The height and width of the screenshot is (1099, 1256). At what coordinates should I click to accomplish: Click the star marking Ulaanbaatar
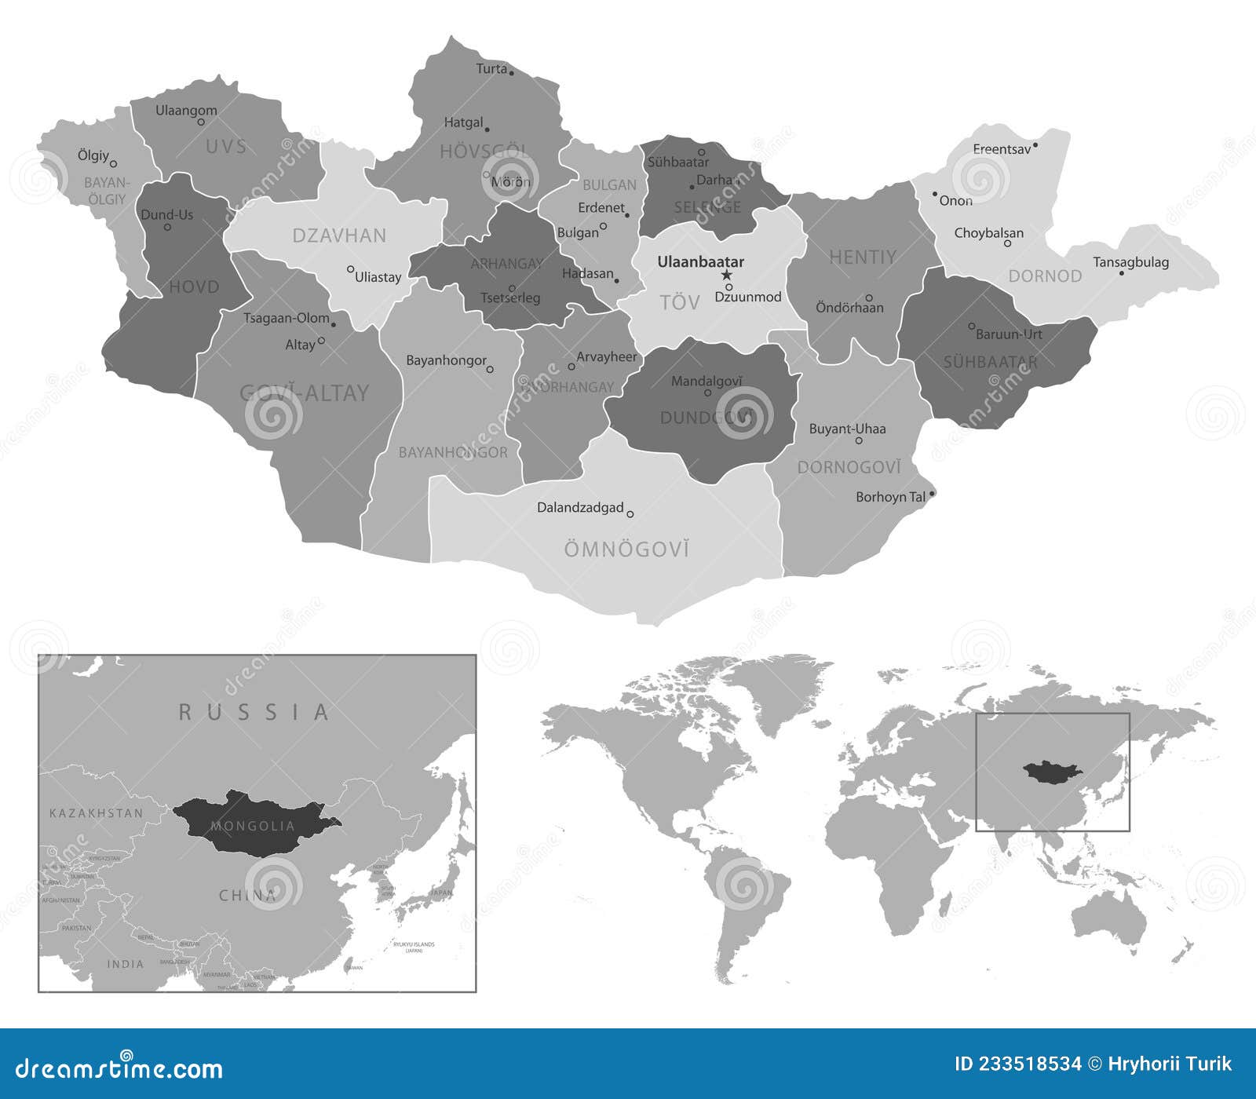pos(727,275)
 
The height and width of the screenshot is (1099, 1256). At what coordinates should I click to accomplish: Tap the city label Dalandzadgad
pos(580,508)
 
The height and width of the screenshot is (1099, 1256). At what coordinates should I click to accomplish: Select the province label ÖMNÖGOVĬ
pos(626,549)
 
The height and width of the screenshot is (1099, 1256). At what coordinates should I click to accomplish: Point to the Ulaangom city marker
pos(201,122)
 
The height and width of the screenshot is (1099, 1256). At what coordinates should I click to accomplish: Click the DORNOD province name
pos(1045,276)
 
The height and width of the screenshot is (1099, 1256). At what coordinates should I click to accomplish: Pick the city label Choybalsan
pos(988,233)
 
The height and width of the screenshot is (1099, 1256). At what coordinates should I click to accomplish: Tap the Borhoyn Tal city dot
pos(932,495)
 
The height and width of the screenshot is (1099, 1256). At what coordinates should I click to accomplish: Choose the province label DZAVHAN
pos(339,235)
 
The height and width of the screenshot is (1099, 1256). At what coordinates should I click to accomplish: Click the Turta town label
pos(491,69)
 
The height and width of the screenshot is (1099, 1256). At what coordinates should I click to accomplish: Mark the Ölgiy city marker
pos(114,164)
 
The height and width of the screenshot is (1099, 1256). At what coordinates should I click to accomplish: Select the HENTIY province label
pos(863,257)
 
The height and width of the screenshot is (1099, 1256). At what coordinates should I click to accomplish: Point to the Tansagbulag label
pos(1130,262)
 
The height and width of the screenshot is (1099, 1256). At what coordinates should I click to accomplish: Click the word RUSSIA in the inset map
pos(254,713)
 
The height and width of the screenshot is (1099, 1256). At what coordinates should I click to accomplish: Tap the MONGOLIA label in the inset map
pos(253,826)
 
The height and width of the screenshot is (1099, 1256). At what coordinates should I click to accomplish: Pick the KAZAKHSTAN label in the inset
pos(97,813)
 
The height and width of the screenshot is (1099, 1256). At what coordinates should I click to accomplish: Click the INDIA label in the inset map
pos(126,964)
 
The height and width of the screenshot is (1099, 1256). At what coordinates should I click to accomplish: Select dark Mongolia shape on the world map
pos(1053,774)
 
